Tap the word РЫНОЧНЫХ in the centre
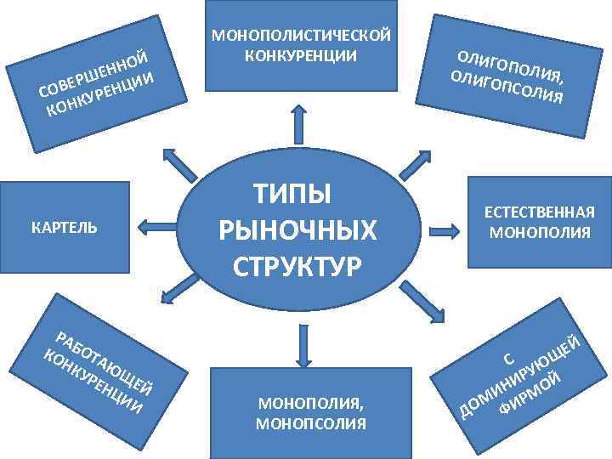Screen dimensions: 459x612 click(297, 228)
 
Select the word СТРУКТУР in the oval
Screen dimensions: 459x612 click(297, 263)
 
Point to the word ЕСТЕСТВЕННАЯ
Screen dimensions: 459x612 click(540, 212)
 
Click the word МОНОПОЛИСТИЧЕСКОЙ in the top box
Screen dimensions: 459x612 click(301, 36)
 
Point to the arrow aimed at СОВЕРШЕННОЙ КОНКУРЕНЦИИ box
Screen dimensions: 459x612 click(180, 162)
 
